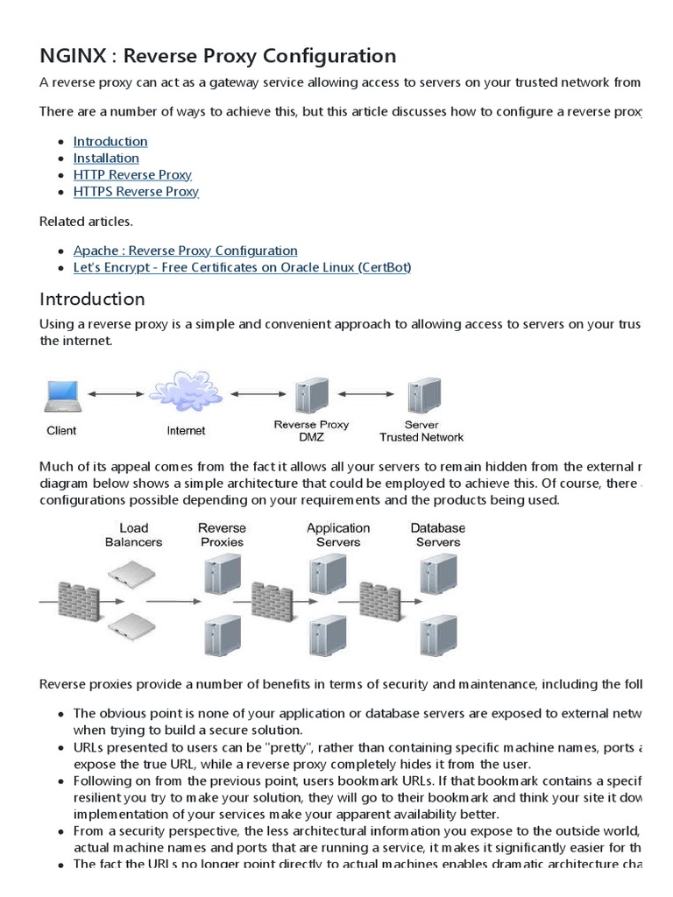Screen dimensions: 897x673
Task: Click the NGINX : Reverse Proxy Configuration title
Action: [x=217, y=56]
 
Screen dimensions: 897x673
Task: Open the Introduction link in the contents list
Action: [x=110, y=141]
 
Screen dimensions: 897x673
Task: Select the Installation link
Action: [x=106, y=158]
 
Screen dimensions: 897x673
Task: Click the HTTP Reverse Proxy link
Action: [x=132, y=174]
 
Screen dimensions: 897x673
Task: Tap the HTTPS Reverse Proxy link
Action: [x=136, y=191]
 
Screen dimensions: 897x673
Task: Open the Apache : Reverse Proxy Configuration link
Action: [x=185, y=251]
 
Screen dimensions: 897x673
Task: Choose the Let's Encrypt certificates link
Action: [x=242, y=267]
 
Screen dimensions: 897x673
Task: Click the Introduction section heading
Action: [x=92, y=299]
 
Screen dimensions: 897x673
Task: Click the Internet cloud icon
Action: [x=185, y=392]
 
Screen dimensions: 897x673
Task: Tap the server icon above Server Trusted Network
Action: [x=422, y=396]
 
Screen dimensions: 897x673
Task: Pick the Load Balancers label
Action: [x=133, y=534]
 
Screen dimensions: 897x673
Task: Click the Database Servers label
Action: [x=438, y=534]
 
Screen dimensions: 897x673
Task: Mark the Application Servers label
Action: [x=338, y=534]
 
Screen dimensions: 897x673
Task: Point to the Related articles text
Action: [x=86, y=221]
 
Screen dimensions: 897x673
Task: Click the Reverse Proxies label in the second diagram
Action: [x=223, y=534]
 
